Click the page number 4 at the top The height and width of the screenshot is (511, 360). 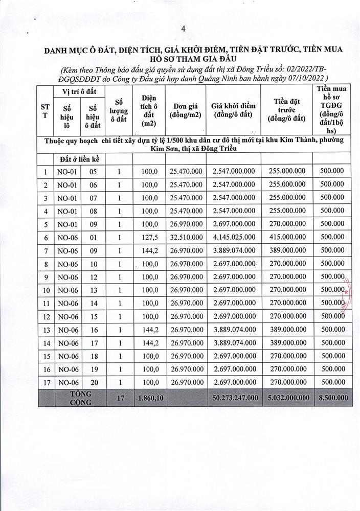coord(183,29)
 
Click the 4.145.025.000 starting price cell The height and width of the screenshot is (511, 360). coord(233,238)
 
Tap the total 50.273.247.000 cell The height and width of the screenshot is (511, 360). coord(233,397)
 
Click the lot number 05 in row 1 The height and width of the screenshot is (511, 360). coord(93,172)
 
